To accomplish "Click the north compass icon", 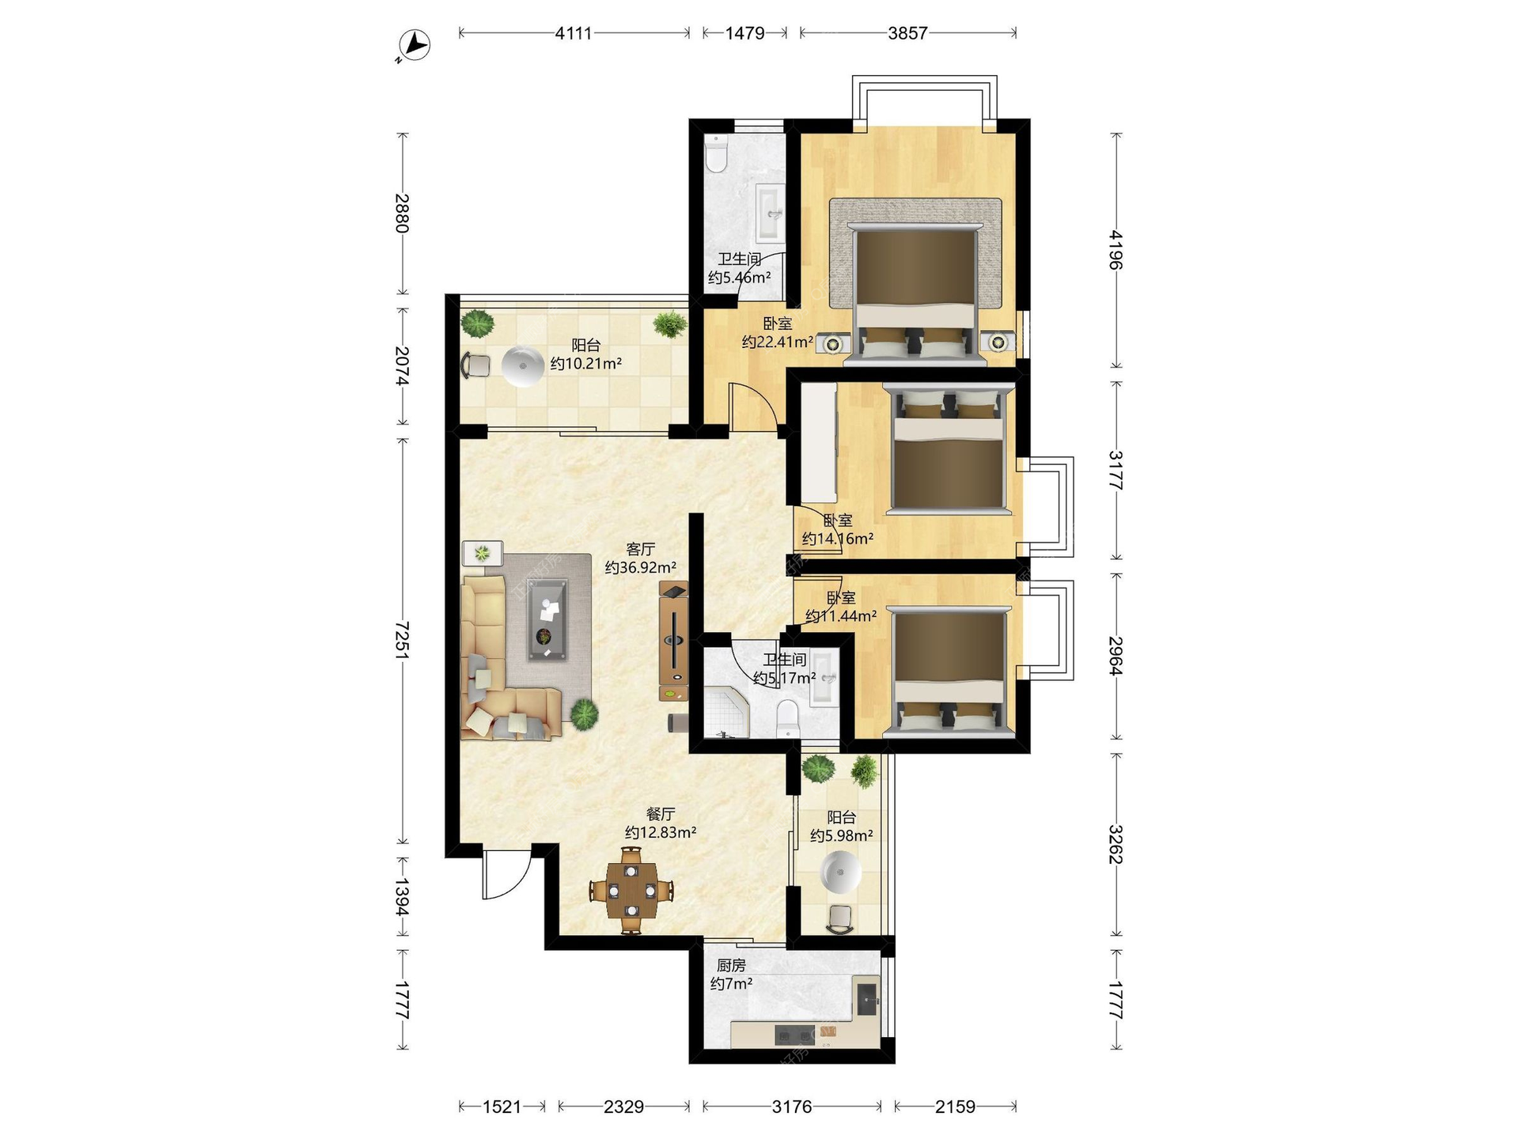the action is click(415, 45).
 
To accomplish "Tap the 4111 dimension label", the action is click(574, 33).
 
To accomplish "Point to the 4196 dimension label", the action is click(1116, 250).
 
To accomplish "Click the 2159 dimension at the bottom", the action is click(955, 1107).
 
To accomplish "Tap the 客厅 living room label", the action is click(640, 549).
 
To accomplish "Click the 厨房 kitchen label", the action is click(731, 966).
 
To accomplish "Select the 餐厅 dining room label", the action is click(661, 814).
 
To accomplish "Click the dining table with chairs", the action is click(631, 891).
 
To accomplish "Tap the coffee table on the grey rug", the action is click(547, 619).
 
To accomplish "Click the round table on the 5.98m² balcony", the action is click(841, 872).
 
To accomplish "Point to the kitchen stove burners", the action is click(795, 1035).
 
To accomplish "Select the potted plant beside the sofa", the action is click(584, 714).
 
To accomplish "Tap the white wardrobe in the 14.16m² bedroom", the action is click(819, 444).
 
